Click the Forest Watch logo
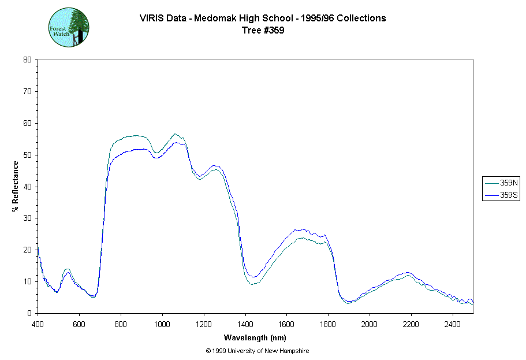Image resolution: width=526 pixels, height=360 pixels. pyautogui.click(x=68, y=28)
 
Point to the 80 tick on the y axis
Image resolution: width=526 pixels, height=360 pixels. pyautogui.click(x=27, y=60)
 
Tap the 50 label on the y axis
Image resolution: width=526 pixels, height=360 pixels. pyautogui.click(x=27, y=155)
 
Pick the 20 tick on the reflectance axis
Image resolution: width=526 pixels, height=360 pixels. pyautogui.click(x=27, y=250)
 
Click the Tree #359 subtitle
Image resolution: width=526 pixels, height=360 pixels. pyautogui.click(x=263, y=31)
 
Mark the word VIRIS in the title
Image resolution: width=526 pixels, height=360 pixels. pyautogui.click(x=152, y=18)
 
